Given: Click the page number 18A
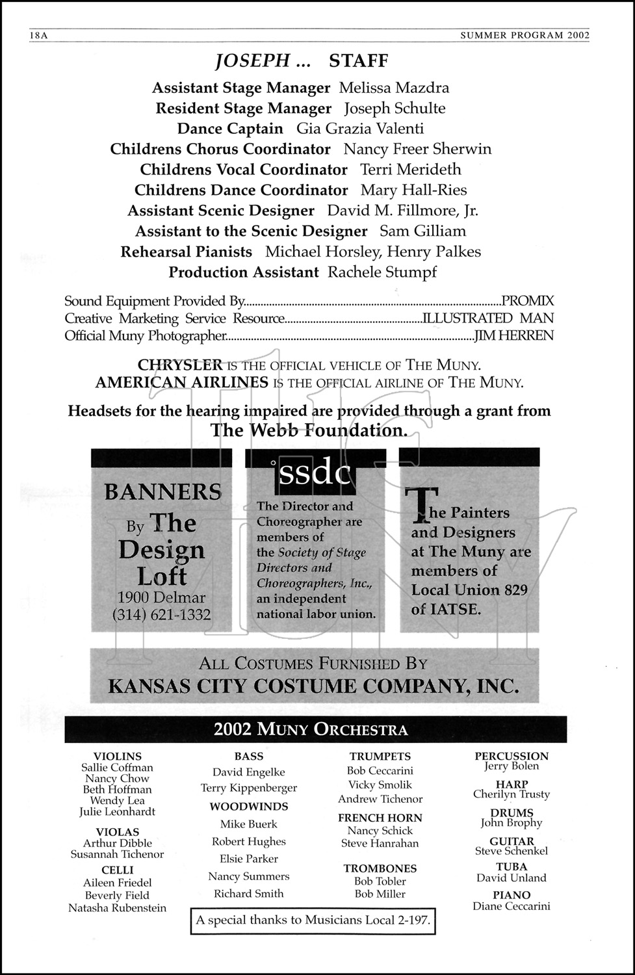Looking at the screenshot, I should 38,36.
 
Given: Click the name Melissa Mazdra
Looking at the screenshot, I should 394,88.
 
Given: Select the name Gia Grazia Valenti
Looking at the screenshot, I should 360,129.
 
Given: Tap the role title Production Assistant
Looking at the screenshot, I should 244,272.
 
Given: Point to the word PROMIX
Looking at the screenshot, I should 528,301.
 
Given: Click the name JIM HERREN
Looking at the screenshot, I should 514,335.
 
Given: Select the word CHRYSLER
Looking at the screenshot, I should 180,365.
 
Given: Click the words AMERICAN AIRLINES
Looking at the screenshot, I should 181,383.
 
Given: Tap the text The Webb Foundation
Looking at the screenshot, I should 309,430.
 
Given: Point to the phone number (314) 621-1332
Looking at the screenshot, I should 162,614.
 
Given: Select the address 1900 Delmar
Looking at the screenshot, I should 162,597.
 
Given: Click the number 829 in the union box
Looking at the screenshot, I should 514,590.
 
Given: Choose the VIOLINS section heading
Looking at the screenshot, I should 118,756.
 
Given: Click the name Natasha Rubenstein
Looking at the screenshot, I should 118,908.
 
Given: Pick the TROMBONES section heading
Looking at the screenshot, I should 380,868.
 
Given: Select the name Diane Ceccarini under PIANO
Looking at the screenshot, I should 512,906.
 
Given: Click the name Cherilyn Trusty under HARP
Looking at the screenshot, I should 512,794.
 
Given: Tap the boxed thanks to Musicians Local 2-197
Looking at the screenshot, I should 313,920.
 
